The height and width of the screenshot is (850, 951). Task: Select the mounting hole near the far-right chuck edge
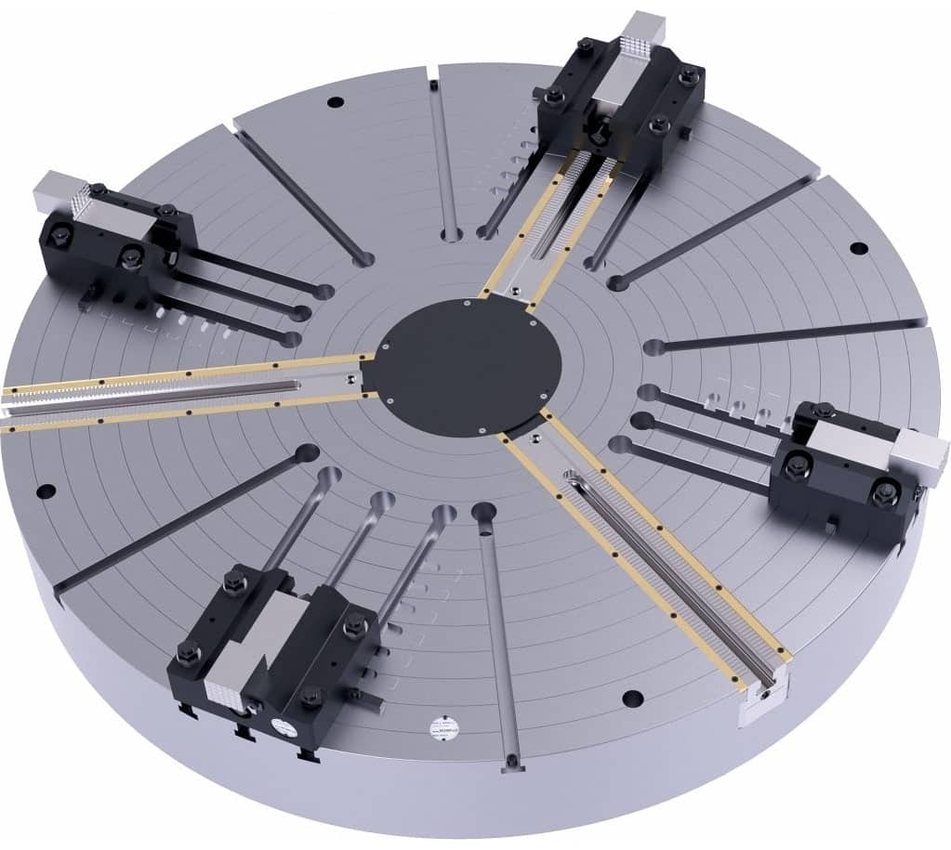[x=858, y=248]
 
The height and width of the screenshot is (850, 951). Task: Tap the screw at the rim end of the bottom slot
[x=509, y=765]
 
